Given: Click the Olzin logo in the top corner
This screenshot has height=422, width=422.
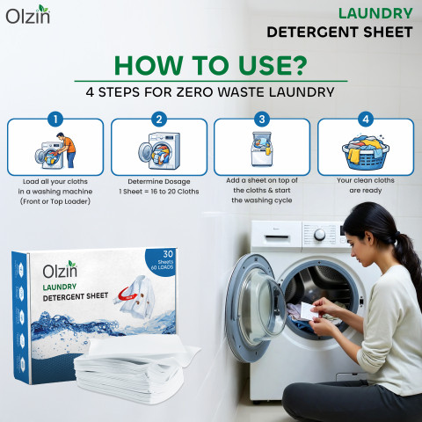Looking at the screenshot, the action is pyautogui.click(x=28, y=15).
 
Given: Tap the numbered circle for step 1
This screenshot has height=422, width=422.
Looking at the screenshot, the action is pyautogui.click(x=55, y=120).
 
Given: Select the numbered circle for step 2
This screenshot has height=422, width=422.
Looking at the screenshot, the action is pyautogui.click(x=159, y=120).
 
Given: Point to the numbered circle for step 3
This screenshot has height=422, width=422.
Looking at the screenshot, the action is pyautogui.click(x=262, y=119).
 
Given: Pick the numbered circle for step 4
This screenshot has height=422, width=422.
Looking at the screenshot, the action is pyautogui.click(x=366, y=119).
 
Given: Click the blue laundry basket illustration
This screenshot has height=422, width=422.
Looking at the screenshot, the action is pyautogui.click(x=366, y=152).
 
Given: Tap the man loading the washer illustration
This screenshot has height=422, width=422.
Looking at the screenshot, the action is pyautogui.click(x=67, y=149).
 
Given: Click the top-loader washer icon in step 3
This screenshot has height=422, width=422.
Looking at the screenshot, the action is pyautogui.click(x=262, y=149).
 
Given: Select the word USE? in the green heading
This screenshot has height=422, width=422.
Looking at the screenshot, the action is pyautogui.click(x=273, y=65).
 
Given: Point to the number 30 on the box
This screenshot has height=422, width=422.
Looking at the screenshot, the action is pyautogui.click(x=168, y=254).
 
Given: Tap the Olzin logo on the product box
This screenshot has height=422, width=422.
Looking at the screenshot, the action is pyautogui.click(x=60, y=269).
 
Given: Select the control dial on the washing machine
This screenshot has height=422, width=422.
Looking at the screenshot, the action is pyautogui.click(x=319, y=235).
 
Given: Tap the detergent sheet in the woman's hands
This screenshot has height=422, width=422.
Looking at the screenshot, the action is pyautogui.click(x=307, y=311).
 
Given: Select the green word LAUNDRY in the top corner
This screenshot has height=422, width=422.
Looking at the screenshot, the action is pyautogui.click(x=375, y=13).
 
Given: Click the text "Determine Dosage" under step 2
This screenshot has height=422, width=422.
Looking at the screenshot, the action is pyautogui.click(x=159, y=181).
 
